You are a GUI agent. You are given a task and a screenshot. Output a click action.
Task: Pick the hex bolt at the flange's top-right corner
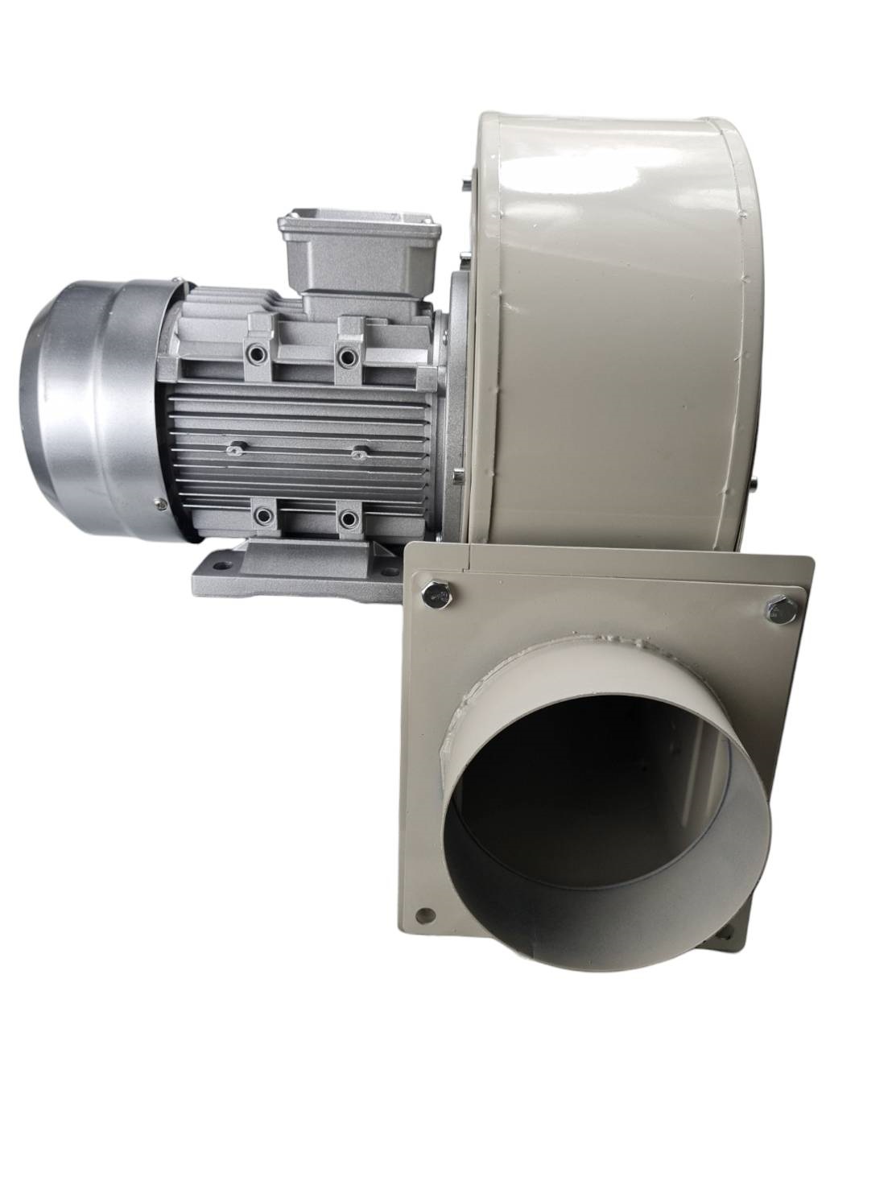click(x=777, y=609)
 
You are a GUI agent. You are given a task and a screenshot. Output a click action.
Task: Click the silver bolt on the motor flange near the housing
click(x=456, y=479)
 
